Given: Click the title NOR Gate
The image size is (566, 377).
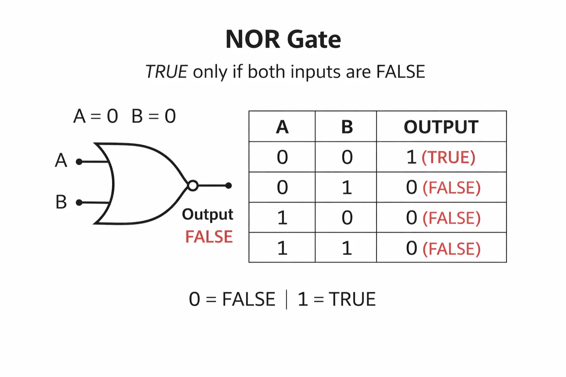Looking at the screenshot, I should click(x=283, y=39).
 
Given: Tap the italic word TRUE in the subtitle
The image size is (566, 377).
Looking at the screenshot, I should click(x=167, y=71).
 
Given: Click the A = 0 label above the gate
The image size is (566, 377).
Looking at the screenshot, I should click(x=96, y=116).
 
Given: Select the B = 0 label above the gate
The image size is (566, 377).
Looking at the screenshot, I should click(x=154, y=116).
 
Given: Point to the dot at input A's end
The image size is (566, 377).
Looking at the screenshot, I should click(x=79, y=162).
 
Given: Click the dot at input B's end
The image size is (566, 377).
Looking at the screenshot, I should click(x=79, y=202).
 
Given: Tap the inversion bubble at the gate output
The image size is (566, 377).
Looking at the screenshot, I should click(x=193, y=185).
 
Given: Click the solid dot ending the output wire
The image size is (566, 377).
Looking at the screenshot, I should click(x=228, y=185).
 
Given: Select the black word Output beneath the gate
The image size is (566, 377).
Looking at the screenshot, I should click(x=207, y=214).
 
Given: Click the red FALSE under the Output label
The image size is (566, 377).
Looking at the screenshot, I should click(x=209, y=237).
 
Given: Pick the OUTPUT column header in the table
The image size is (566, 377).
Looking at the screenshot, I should click(x=441, y=127).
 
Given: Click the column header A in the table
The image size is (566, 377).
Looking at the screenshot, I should click(x=282, y=127).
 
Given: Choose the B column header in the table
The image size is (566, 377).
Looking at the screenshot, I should click(x=347, y=127).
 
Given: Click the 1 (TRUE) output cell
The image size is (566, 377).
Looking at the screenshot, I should click(x=441, y=157).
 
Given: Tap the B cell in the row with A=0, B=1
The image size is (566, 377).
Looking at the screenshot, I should click(x=347, y=187).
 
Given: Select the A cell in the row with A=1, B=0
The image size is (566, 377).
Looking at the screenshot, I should click(x=282, y=217).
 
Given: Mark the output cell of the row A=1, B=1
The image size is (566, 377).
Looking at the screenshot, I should click(x=443, y=248).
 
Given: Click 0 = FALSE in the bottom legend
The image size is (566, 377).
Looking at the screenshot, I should click(x=232, y=299).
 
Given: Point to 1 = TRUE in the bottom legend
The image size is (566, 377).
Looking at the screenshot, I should click(x=336, y=299).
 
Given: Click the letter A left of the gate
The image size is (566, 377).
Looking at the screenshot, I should click(x=61, y=160).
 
